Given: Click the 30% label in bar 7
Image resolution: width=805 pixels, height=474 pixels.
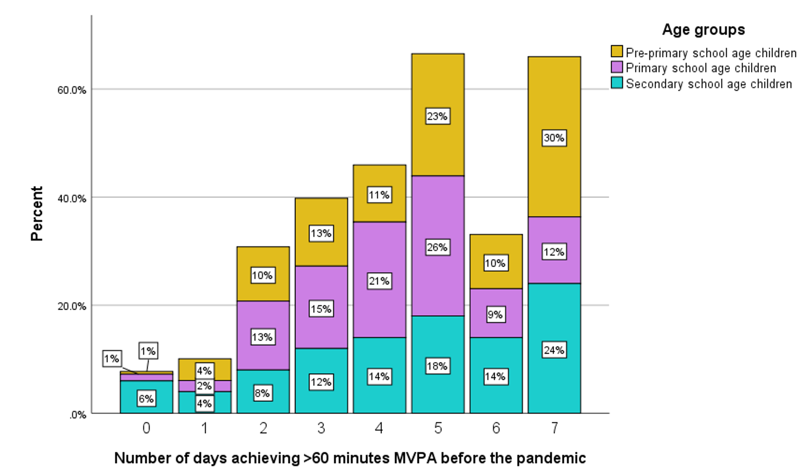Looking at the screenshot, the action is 554,138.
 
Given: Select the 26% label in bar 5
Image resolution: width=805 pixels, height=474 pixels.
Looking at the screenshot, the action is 438,247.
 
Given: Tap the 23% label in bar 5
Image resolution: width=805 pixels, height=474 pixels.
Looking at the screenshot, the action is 438,116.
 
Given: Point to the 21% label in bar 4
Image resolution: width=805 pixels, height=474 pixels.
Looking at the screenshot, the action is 379,281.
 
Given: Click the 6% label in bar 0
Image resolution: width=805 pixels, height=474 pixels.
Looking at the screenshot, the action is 146,398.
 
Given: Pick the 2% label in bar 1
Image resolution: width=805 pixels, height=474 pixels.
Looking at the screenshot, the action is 205,386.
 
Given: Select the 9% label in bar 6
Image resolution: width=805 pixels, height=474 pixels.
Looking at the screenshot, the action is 496,314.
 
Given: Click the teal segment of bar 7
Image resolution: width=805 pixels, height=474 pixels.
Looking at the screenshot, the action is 554,348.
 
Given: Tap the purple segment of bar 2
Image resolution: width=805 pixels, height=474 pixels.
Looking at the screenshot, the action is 263,336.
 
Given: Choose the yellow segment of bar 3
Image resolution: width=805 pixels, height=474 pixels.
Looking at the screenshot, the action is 321,232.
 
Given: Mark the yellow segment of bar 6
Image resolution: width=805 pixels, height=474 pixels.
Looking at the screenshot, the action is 496,262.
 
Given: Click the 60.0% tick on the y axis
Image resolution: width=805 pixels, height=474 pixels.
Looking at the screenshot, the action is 72,90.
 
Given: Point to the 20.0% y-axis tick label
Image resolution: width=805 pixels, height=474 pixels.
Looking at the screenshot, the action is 72,306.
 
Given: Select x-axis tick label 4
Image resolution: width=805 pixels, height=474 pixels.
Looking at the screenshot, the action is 379,428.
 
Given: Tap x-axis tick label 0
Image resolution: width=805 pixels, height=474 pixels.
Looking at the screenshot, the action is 146,428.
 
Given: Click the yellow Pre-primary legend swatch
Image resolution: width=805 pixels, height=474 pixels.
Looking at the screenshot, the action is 617,51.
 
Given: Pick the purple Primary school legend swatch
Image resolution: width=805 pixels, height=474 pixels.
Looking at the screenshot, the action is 617,67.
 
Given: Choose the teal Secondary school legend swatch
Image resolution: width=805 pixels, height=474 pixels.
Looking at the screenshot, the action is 617,83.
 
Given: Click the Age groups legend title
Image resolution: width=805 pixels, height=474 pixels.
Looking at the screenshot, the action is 703,30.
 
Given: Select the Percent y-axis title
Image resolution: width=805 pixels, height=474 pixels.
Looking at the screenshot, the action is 37,214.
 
